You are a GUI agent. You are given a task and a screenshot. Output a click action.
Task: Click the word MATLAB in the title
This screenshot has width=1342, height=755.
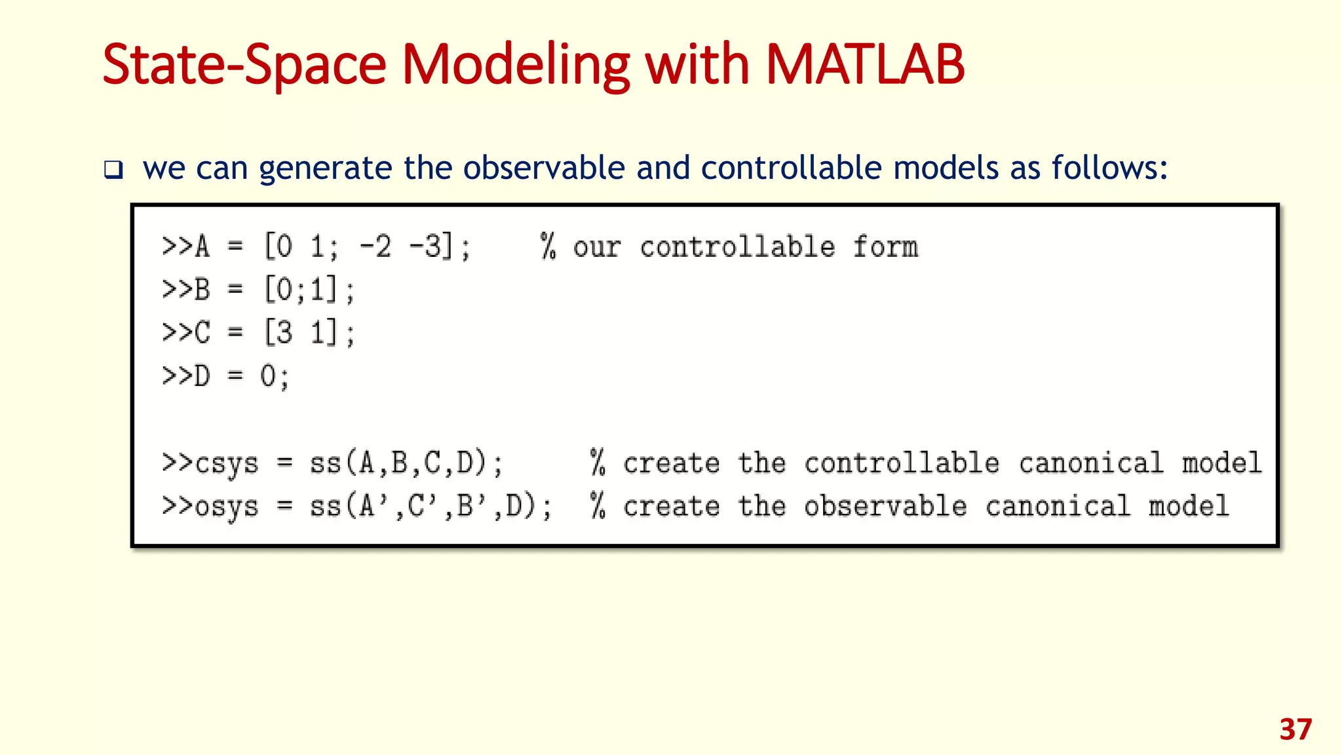(864, 65)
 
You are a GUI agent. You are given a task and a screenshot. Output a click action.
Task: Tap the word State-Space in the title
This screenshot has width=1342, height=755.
(244, 65)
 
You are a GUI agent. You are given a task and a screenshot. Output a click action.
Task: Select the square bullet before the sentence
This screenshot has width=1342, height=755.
(113, 170)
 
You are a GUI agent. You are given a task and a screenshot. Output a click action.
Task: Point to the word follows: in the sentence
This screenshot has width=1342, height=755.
(1109, 168)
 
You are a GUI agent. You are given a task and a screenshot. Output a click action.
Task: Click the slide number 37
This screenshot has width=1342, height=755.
(1295, 729)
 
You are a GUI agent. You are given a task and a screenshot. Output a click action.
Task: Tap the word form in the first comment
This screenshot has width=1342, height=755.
(885, 247)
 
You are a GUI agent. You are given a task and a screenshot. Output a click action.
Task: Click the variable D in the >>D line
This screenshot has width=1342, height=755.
(202, 376)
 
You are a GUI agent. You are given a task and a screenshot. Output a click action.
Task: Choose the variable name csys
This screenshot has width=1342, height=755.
(227, 464)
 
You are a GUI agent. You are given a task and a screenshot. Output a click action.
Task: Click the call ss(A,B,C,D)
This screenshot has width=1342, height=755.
(406, 463)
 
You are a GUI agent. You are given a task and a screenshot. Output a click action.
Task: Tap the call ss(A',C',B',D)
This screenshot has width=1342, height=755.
(431, 506)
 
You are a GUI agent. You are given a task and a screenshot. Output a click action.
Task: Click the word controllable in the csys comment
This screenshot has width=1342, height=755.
(902, 463)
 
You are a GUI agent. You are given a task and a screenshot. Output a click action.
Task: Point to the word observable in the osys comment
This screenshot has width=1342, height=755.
(885, 506)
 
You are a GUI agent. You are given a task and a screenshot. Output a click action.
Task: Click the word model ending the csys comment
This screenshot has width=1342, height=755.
(1221, 463)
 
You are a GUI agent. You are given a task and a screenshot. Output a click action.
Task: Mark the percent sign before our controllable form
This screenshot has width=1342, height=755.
(548, 247)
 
